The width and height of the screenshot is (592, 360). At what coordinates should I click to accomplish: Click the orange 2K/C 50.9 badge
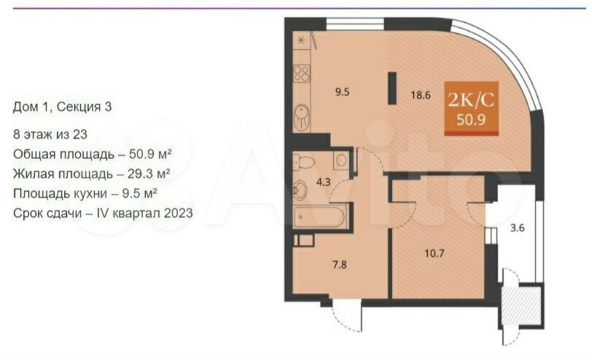click(471, 109)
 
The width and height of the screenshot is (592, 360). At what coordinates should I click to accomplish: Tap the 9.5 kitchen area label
click(343, 92)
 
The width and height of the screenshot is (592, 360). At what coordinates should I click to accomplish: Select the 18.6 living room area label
click(421, 95)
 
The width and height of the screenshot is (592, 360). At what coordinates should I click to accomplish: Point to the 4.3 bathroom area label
click(323, 182)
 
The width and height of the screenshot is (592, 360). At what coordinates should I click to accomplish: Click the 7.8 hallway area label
click(340, 265)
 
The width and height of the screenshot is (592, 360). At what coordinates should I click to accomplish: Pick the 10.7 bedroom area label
click(435, 253)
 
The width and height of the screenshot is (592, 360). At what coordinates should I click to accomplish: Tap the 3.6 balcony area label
click(517, 228)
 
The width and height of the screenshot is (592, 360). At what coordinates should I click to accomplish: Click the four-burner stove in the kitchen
click(302, 74)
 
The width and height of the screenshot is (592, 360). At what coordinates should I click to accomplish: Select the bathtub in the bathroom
click(321, 216)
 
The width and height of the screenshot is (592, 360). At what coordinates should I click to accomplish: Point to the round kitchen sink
click(302, 117)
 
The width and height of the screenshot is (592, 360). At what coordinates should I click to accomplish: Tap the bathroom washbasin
click(300, 188)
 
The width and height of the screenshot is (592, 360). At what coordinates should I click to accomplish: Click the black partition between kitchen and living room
click(392, 88)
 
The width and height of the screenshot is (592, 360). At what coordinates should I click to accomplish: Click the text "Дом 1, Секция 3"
click(62, 107)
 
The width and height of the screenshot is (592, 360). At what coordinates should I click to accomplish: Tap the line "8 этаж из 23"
click(50, 134)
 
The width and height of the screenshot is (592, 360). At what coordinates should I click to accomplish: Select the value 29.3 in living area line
click(141, 174)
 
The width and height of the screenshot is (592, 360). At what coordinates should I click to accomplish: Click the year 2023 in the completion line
click(178, 214)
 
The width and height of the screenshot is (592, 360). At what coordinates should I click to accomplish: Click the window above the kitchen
click(355, 24)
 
